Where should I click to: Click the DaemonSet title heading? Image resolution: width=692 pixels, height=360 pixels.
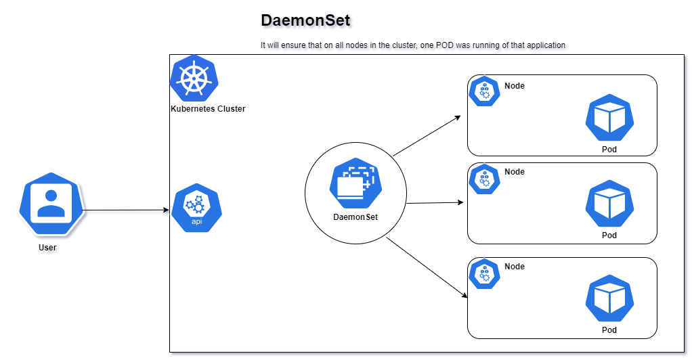(305, 20)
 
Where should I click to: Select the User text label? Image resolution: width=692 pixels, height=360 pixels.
(47, 248)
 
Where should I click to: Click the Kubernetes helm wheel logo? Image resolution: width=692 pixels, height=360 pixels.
(193, 78)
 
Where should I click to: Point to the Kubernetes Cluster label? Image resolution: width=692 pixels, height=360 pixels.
(208, 108)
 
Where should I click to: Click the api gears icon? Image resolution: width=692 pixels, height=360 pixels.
(196, 207)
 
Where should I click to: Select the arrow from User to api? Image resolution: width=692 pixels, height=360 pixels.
(125, 210)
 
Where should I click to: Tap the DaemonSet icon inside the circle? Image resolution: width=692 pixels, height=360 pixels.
(355, 185)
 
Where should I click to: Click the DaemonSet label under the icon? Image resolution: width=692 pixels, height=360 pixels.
(355, 217)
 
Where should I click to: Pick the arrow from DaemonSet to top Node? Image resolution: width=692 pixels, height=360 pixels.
(427, 136)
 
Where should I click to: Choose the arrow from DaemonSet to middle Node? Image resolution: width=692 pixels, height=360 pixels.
(434, 202)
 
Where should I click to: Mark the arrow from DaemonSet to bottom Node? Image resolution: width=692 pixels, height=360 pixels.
(427, 267)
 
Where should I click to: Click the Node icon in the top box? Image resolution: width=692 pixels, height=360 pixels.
(484, 91)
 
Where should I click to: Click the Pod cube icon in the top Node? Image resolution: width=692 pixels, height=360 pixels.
(609, 118)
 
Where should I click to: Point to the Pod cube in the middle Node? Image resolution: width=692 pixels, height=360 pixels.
(609, 205)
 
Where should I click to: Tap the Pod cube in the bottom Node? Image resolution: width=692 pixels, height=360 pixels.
(609, 300)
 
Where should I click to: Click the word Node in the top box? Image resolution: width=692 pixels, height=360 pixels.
(515, 86)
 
